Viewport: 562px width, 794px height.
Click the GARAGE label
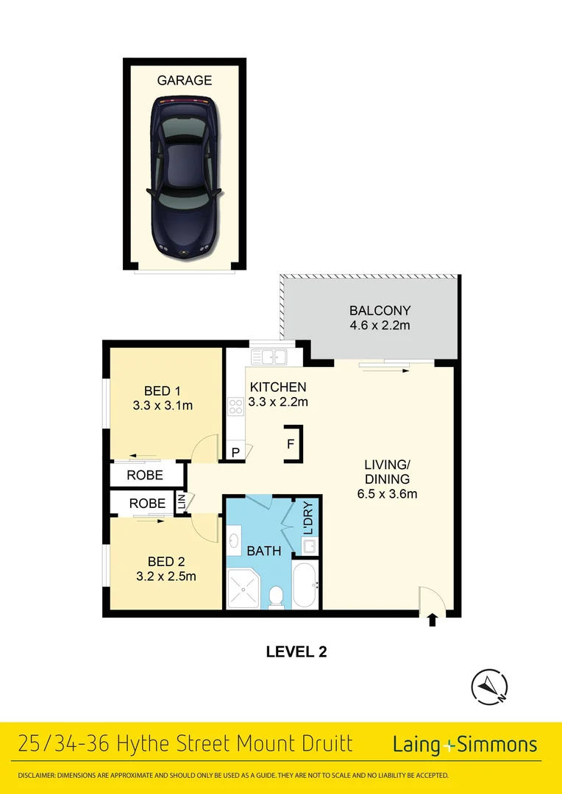coord(185,80)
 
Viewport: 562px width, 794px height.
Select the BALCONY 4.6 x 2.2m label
coord(380,318)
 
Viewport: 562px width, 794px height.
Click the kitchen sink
coord(268,357)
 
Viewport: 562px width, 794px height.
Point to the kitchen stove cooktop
coord(235,406)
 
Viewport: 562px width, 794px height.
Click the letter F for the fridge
coord(291,444)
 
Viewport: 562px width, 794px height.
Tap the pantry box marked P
coord(235,452)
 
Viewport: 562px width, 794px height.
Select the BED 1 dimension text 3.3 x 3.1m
coord(162,404)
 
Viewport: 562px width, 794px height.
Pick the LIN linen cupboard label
coord(181,503)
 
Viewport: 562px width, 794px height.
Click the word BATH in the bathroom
coord(263,550)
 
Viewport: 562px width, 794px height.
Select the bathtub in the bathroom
coord(304,586)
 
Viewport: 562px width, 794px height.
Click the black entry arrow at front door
coord(432,620)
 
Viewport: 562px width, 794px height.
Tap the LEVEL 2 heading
coord(296,651)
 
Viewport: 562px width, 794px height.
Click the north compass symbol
coord(489,687)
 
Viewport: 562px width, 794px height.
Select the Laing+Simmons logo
coord(465,744)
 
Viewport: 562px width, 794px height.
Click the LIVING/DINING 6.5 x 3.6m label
coord(386,479)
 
